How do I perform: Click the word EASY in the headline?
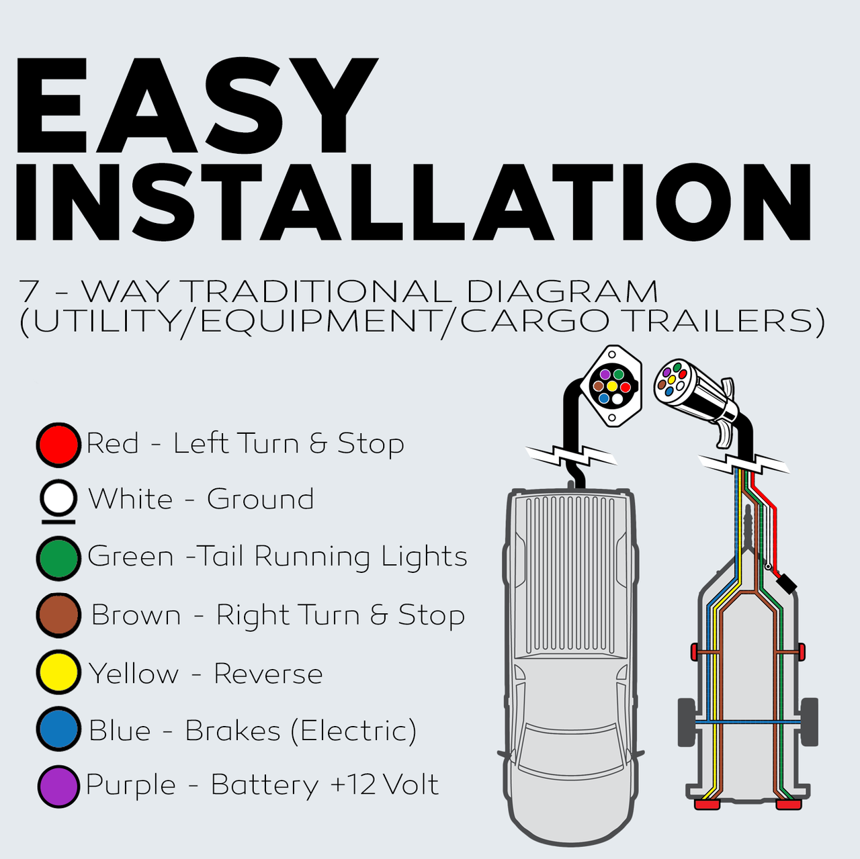[x=196, y=105]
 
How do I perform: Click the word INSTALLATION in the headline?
[x=413, y=201]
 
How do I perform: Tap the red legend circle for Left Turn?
[x=58, y=445]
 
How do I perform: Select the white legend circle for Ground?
[x=58, y=498]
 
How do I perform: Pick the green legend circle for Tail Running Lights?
[x=58, y=558]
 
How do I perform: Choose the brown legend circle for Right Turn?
[x=58, y=615]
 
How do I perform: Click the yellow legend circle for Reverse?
[x=58, y=672]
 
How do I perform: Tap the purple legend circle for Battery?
[x=58, y=786]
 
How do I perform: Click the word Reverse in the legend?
[x=268, y=674]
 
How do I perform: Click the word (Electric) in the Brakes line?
[x=353, y=731]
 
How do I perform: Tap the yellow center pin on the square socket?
[x=612, y=386]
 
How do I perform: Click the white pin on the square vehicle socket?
[x=617, y=398]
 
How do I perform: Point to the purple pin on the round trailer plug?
[x=666, y=372]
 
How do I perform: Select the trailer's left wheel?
[x=687, y=722]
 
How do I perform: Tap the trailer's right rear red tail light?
[x=789, y=805]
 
